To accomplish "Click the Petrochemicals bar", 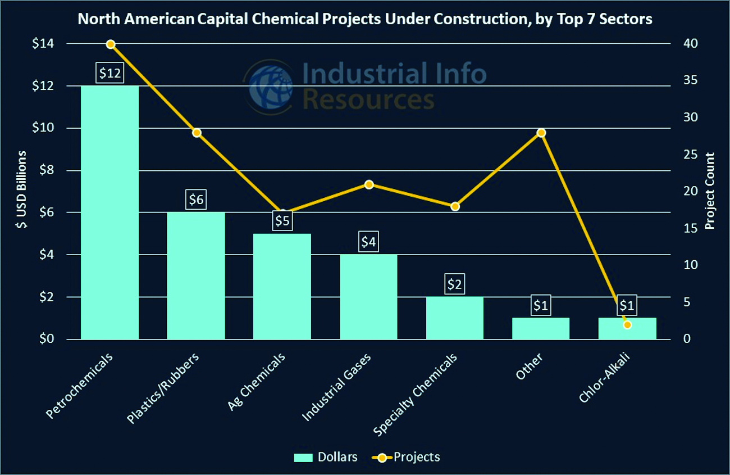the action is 110,212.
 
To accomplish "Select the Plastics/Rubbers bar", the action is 196,275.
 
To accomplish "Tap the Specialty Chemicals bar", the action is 455,318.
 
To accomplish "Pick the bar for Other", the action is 541,328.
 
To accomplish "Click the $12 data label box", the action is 110,73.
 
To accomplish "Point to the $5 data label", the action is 282,220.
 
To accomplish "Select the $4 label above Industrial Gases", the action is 368,242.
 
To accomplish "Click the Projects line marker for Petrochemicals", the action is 111,44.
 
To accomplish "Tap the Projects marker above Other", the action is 541,133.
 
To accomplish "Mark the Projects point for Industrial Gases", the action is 369,185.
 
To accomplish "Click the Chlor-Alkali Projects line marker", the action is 627,325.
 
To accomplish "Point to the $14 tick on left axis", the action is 43,43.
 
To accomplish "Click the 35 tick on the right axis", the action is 691,80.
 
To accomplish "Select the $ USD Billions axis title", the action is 21,189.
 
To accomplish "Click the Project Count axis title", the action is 709,191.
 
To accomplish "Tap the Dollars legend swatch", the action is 303,458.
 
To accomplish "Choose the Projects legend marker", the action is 382,458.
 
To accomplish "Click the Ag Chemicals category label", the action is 256,381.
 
